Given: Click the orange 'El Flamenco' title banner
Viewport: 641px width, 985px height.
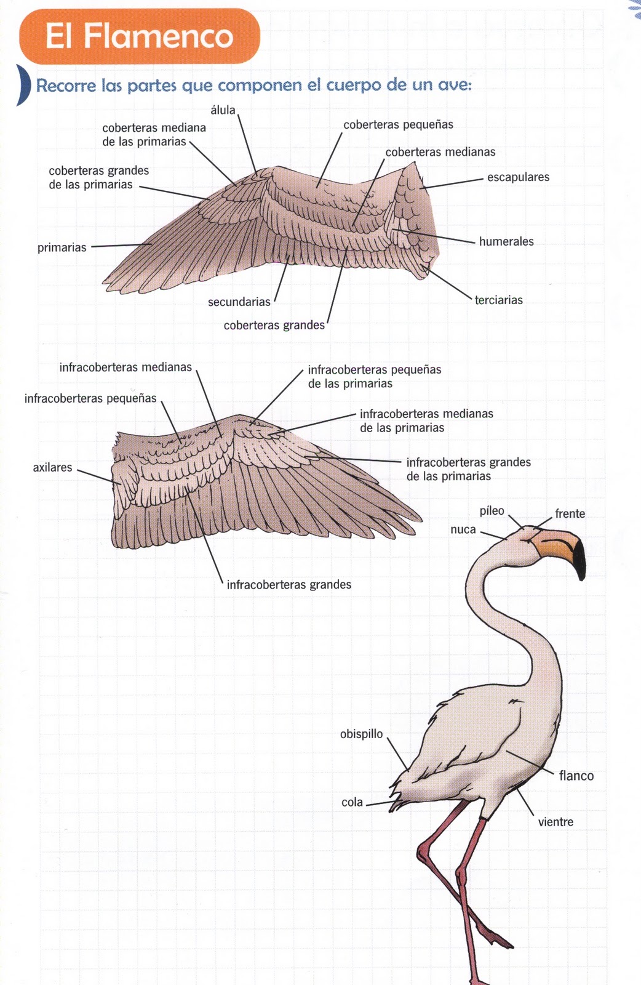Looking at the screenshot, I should pos(140,36).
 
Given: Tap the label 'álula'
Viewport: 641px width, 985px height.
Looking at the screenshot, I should pos(223,110).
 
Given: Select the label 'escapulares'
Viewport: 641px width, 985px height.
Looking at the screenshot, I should pos(518,177).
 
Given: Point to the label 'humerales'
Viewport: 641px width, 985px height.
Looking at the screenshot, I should pos(506,241).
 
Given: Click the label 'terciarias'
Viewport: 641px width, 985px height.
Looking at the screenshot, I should pos(498,300).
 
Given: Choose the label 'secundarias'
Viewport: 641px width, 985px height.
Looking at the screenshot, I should pos(239,302).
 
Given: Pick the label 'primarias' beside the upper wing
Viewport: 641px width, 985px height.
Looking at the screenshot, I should pos(62,247).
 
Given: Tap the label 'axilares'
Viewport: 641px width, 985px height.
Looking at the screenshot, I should pos(52,467).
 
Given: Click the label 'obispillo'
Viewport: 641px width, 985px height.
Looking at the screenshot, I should pos(361,734).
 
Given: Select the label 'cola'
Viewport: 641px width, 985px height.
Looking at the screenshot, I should pos(352,802).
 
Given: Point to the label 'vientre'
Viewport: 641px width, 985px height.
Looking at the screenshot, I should pos(555,822).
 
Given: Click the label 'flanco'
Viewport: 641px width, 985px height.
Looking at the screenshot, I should pos(576,776).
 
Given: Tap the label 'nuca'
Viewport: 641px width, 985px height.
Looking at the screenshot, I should pos(463,529).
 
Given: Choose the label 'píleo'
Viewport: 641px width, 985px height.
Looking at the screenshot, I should pos(492,511).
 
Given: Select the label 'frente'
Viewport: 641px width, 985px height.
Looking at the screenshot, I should pos(570,513).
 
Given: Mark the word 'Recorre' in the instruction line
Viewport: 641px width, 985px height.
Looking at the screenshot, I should pos(66,86).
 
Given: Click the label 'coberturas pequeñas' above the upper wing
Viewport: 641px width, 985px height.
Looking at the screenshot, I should pos(398,124).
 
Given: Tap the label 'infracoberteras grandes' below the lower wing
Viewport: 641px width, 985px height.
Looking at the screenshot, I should pos(289,584).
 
